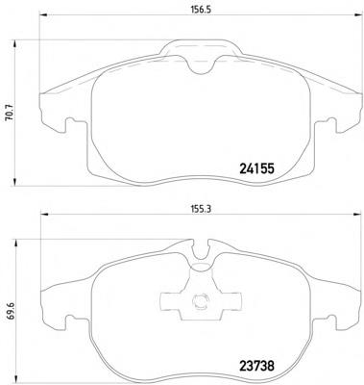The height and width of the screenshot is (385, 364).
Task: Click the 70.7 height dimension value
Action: tap(10, 114)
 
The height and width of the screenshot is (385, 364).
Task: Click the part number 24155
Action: tap(256, 168)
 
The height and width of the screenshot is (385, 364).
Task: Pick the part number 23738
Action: tap(256, 366)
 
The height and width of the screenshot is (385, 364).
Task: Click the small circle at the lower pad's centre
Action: tap(201, 300)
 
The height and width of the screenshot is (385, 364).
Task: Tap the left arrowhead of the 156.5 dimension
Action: tap(43, 14)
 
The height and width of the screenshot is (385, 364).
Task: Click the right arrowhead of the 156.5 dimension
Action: tap(356, 14)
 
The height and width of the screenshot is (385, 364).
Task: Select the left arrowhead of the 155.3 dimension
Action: tap(43, 214)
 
